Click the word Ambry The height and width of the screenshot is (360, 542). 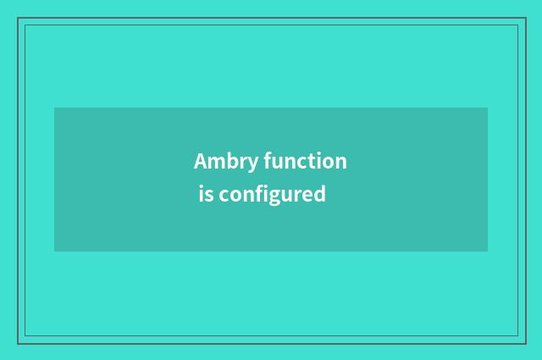pyautogui.click(x=226, y=162)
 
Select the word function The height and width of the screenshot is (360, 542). pyautogui.click(x=305, y=161)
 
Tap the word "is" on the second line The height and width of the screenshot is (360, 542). pyautogui.click(x=206, y=194)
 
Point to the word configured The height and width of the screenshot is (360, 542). pyautogui.click(x=273, y=195)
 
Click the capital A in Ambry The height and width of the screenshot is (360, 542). pyautogui.click(x=201, y=161)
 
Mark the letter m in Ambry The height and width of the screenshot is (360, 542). pyautogui.click(x=218, y=163)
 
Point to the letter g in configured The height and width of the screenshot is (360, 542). pyautogui.click(x=279, y=197)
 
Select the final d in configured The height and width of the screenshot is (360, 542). pyautogui.click(x=320, y=194)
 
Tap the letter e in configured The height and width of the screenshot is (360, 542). pyautogui.click(x=307, y=196)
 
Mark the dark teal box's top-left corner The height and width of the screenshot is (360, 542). pyautogui.click(x=54, y=108)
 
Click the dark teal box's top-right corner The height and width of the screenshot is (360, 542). pyautogui.click(x=488, y=108)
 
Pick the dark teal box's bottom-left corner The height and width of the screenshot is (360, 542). pyautogui.click(x=54, y=252)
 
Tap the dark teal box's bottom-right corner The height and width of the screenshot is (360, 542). pyautogui.click(x=488, y=252)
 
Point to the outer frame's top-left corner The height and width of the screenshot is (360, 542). pyautogui.click(x=18, y=19)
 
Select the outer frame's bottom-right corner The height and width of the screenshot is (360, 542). pyautogui.click(x=525, y=343)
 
